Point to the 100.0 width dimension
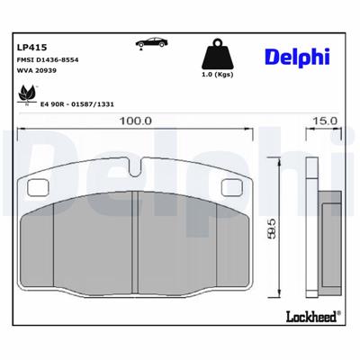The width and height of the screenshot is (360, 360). (x=134, y=120)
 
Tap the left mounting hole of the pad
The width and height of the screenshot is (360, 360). (x=39, y=187)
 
